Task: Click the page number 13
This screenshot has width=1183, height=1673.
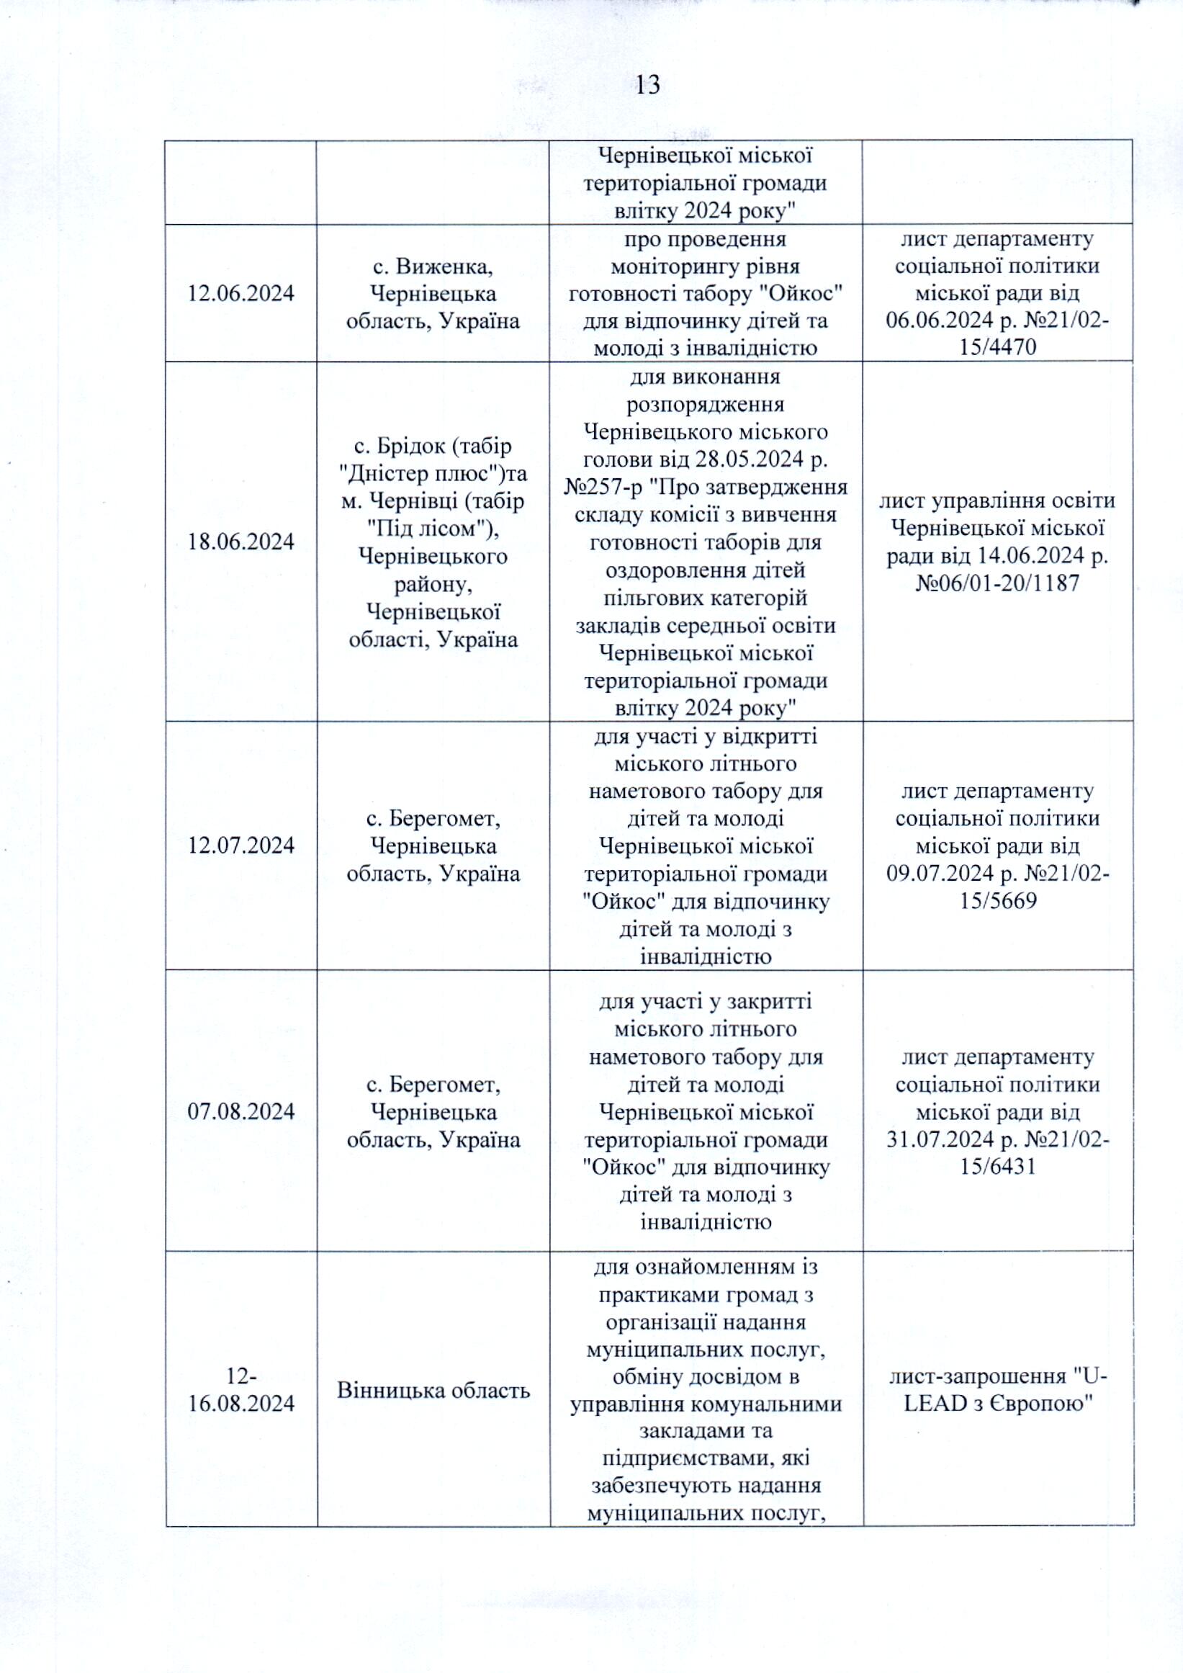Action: (x=647, y=86)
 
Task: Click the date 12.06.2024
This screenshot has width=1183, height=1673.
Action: (x=241, y=294)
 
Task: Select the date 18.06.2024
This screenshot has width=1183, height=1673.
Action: (x=241, y=542)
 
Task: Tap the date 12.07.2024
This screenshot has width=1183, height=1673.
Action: (x=241, y=846)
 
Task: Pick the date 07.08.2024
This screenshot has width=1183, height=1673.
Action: (x=241, y=1111)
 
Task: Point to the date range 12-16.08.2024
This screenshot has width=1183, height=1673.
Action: (x=241, y=1389)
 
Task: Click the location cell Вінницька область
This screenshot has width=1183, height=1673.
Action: (x=433, y=1390)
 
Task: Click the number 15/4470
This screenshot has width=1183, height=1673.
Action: (x=998, y=348)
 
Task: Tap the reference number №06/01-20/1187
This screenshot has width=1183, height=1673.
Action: (x=998, y=583)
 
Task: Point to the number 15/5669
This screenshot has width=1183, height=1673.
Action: (x=998, y=902)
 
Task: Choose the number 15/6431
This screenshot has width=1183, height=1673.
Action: (x=998, y=1167)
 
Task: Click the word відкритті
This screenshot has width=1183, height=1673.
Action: (x=770, y=736)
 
